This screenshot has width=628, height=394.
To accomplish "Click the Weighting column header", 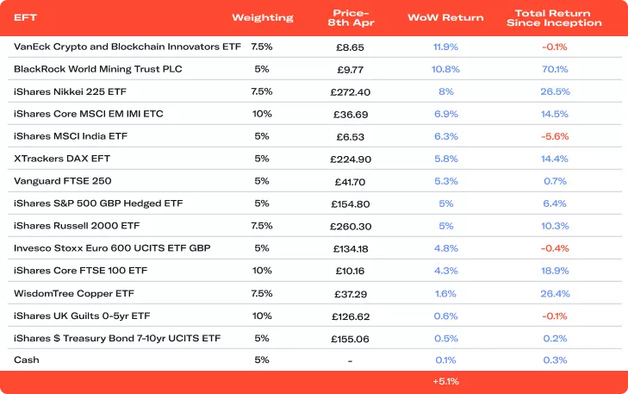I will click(x=263, y=17).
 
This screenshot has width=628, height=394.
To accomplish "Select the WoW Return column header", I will click(x=445, y=17).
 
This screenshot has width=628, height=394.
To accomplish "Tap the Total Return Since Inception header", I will click(x=555, y=17).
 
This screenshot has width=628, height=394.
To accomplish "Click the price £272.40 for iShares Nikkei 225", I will click(x=351, y=91).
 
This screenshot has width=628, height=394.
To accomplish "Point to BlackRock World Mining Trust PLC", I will click(x=98, y=69).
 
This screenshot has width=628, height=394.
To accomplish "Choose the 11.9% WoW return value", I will click(x=445, y=47).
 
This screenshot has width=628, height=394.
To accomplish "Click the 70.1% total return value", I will click(x=555, y=69).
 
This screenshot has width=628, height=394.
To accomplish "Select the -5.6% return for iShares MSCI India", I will click(x=555, y=136).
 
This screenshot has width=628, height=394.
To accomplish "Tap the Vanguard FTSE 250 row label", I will click(x=63, y=181).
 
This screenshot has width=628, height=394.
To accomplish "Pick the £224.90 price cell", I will click(x=351, y=159).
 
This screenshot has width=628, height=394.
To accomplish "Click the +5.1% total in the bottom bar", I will click(x=445, y=380).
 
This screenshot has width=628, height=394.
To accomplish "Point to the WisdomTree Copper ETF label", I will click(x=74, y=293).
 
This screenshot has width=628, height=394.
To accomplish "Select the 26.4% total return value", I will click(x=555, y=293).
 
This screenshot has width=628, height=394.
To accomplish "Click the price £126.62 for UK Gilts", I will click(x=351, y=316).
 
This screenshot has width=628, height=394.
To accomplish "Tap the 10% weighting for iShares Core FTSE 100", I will click(x=262, y=271).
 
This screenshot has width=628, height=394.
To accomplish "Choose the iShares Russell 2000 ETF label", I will click(x=77, y=226).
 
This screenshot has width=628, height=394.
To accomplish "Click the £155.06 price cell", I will click(x=351, y=338).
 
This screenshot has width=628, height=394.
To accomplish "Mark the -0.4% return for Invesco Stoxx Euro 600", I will click(x=555, y=248).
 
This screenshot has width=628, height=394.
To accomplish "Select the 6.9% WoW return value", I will click(x=445, y=114).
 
